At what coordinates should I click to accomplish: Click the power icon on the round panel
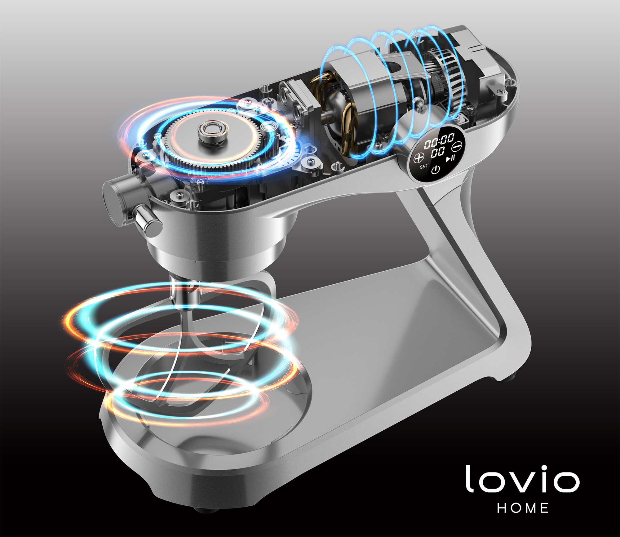pyautogui.click(x=436, y=170)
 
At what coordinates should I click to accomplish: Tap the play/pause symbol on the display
pyautogui.click(x=450, y=158)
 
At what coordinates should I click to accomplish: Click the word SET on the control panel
pyautogui.click(x=424, y=166)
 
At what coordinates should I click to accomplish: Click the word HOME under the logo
pyautogui.click(x=523, y=508)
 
